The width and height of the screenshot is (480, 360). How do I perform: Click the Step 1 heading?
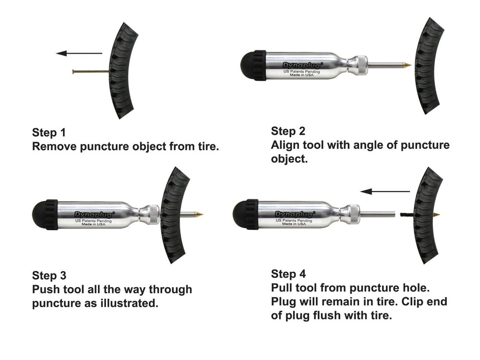click(x=49, y=132)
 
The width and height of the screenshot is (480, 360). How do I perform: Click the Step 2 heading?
click(x=288, y=131)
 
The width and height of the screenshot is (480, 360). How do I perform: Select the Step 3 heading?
click(x=49, y=276)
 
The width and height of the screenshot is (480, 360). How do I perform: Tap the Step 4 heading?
click(x=288, y=274)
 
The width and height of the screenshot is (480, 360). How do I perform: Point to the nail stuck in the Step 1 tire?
click(x=91, y=72)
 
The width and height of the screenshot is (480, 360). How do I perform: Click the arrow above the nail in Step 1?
click(x=79, y=53)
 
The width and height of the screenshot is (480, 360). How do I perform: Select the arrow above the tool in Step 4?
click(x=385, y=192)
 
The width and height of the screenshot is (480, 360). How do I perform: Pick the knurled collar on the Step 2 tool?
click(x=362, y=65)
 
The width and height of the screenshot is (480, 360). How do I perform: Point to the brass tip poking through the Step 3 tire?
click(x=199, y=214)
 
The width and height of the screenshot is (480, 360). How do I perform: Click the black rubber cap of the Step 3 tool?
click(x=45, y=215)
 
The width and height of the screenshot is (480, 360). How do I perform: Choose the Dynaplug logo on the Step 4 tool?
click(x=295, y=214)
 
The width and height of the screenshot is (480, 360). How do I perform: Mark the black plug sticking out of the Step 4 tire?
click(x=407, y=215)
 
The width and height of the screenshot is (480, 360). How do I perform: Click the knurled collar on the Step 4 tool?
click(x=354, y=214)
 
